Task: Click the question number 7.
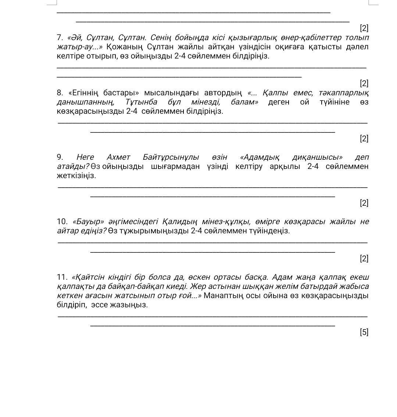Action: point(60,38)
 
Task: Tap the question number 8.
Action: point(60,93)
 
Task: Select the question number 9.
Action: point(60,157)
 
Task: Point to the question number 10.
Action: point(62,222)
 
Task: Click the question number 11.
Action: point(62,277)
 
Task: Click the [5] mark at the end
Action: point(364,332)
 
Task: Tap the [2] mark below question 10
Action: point(364,258)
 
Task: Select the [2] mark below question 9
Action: point(364,203)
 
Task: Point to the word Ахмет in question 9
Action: point(118,157)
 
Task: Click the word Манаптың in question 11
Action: point(220,296)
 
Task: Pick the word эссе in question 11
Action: point(99,305)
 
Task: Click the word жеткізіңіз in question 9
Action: point(76,176)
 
